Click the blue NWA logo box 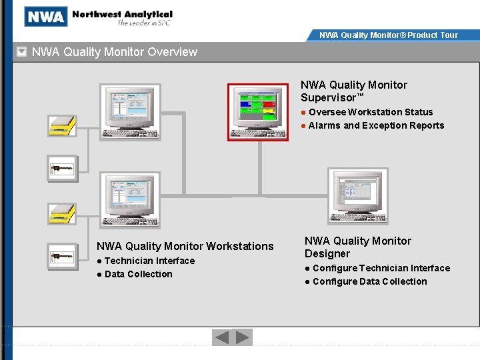pyautogui.click(x=45, y=17)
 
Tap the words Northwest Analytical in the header pyautogui.click(x=122, y=14)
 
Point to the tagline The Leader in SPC pyautogui.click(x=145, y=23)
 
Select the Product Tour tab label pyautogui.click(x=389, y=35)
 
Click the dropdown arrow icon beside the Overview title pyautogui.click(x=22, y=51)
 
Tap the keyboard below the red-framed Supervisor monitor pyautogui.click(x=259, y=133)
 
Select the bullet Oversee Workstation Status pyautogui.click(x=370, y=112)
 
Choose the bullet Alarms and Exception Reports pyautogui.click(x=376, y=125)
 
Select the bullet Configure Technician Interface pyautogui.click(x=381, y=268)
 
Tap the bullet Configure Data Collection pyautogui.click(x=369, y=281)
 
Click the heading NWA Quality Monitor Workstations pyautogui.click(x=185, y=246)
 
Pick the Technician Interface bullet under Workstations pyautogui.click(x=149, y=261)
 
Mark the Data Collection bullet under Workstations pyautogui.click(x=138, y=274)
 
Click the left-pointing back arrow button pyautogui.click(x=221, y=337)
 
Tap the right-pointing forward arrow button pyautogui.click(x=243, y=337)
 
